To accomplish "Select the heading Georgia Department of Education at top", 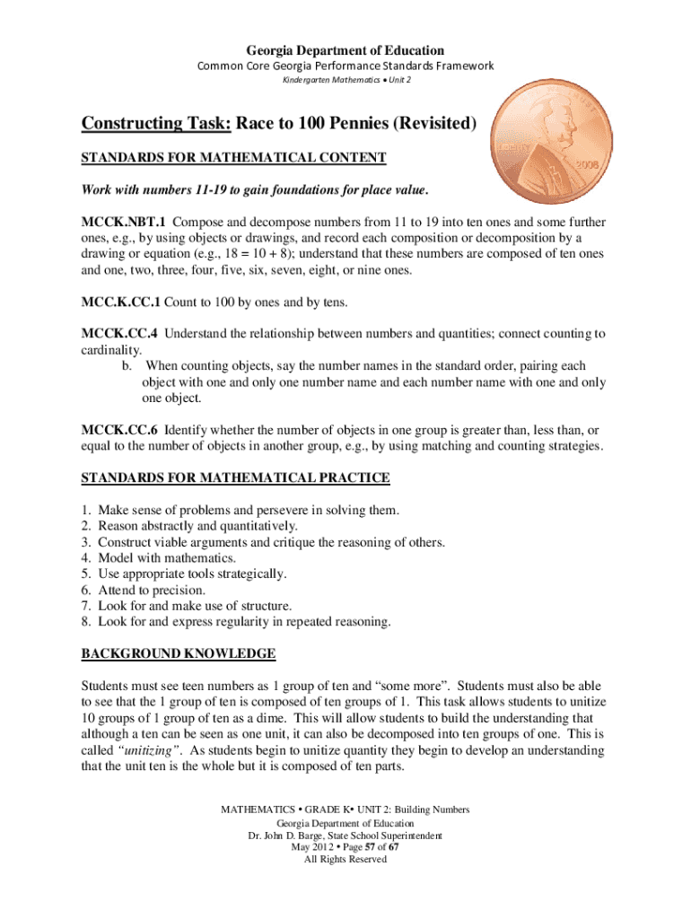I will point(345,50).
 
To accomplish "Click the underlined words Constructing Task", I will point(155,123).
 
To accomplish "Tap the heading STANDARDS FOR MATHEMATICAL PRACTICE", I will point(235,477).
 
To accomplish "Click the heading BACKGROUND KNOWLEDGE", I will point(178,652).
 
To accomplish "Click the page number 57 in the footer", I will point(354,846).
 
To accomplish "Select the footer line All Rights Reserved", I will point(345,859).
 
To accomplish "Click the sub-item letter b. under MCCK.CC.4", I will point(127,366).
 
